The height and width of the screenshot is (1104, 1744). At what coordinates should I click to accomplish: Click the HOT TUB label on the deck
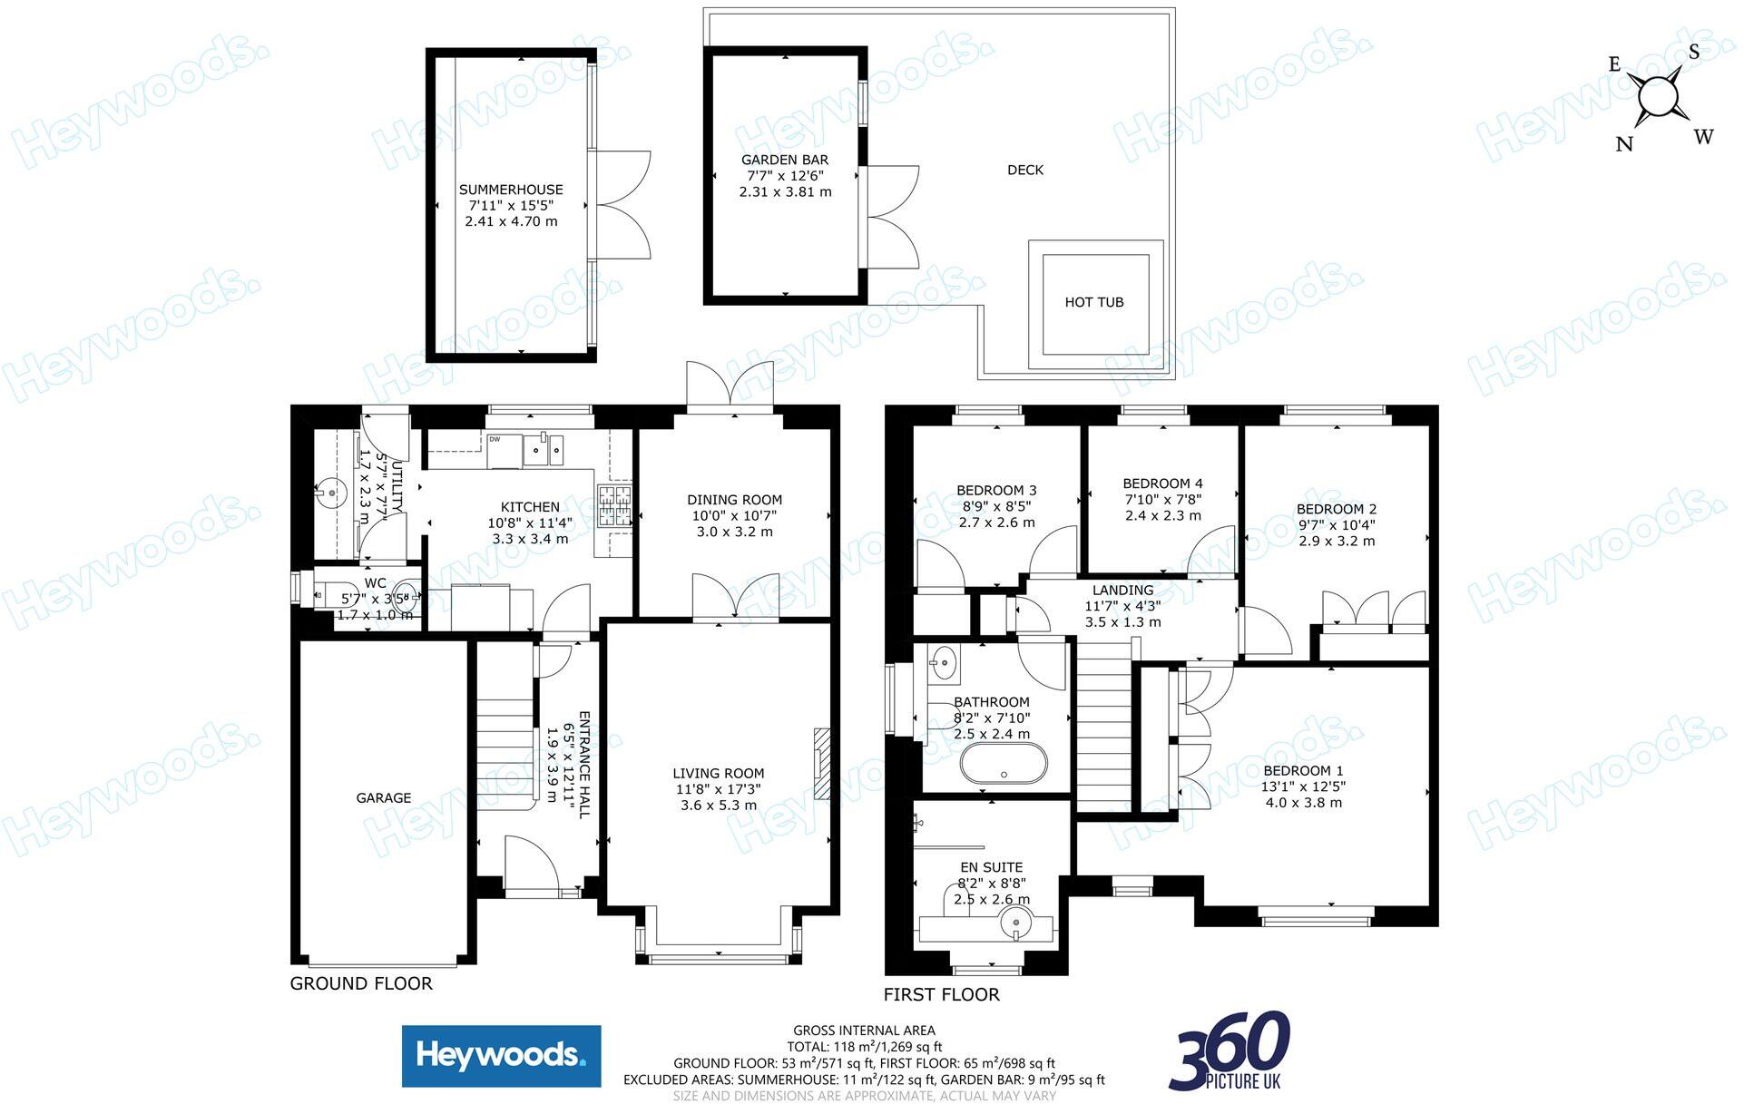[x=1093, y=302]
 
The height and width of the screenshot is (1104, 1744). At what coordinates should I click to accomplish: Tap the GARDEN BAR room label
[x=785, y=160]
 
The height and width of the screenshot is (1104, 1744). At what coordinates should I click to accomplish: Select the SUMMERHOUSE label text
[x=511, y=190]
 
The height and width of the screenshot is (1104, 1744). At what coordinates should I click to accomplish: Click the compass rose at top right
[x=1658, y=97]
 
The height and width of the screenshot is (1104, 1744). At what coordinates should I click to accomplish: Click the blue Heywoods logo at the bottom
[x=501, y=1056]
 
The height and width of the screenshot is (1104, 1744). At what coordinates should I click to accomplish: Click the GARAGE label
[x=383, y=798]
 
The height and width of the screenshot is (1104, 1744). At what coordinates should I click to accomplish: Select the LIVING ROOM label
[x=718, y=774]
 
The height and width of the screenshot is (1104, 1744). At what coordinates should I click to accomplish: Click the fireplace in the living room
[x=822, y=763]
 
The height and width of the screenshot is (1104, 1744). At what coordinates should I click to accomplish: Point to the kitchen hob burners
[x=614, y=507]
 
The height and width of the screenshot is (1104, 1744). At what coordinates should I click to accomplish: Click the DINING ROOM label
[x=734, y=500]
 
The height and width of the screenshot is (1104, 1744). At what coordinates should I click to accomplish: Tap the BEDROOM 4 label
[x=1162, y=484]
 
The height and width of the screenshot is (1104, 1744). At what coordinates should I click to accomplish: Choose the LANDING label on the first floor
[x=1122, y=590]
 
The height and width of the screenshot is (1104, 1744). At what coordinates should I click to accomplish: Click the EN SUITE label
[x=991, y=867]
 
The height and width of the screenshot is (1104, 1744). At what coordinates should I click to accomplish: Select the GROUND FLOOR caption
[x=361, y=983]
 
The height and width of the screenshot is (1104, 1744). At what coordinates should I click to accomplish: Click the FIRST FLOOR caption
[x=942, y=994]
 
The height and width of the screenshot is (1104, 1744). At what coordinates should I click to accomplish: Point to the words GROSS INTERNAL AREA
[x=864, y=1031]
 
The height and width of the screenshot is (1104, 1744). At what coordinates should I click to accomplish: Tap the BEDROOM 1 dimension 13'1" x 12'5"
[x=1303, y=787]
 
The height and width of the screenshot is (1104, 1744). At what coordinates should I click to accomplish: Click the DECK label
[x=1025, y=170]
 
